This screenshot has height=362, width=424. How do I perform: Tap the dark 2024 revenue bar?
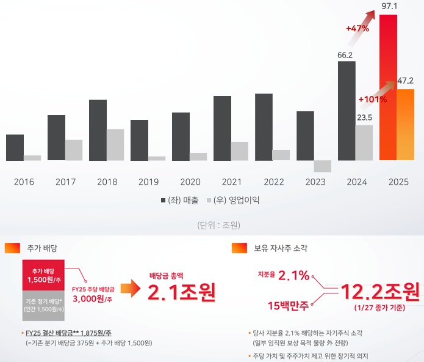coord(347,110)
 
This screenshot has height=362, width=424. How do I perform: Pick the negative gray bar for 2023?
coord(322,166)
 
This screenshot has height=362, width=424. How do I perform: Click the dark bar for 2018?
coord(98,130)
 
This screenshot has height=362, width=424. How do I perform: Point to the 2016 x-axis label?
coord(24,182)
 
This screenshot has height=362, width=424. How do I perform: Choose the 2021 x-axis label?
coord(232,182)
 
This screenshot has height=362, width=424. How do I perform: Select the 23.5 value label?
coord(364,117)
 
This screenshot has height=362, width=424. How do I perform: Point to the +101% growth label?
coord(372,99)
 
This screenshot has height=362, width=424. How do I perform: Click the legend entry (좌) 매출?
coord(181,201)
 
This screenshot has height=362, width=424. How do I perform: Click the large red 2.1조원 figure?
coord(182,292)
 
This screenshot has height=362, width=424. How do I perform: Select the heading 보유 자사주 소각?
coord(281,248)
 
